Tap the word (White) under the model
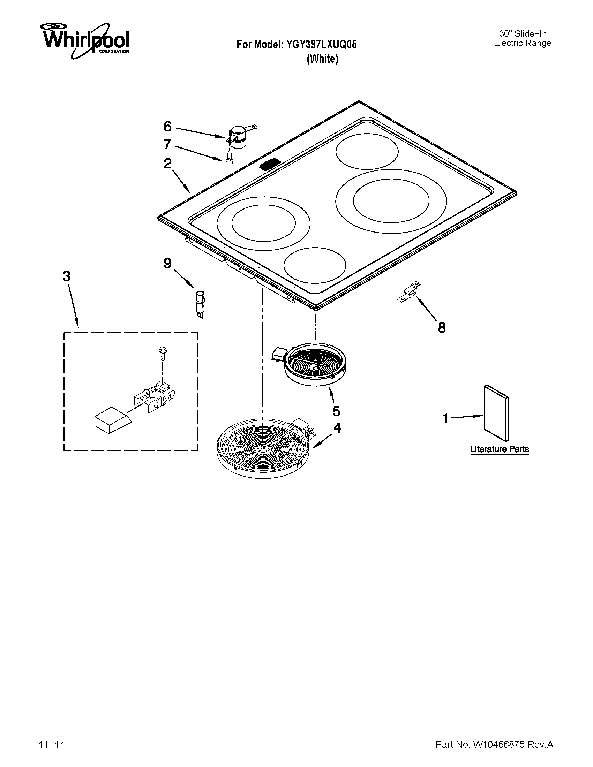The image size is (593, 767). (x=322, y=59)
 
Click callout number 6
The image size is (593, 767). (x=167, y=126)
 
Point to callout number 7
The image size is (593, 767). (x=167, y=144)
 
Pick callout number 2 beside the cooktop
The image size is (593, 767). (x=167, y=163)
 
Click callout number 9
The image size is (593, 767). (x=167, y=263)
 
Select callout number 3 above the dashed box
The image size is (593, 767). (x=67, y=276)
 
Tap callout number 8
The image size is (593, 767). (x=442, y=328)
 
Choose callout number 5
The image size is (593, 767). (x=336, y=411)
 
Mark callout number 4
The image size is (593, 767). (x=337, y=428)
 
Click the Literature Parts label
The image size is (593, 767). (x=500, y=449)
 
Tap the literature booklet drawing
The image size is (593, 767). (x=496, y=413)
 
